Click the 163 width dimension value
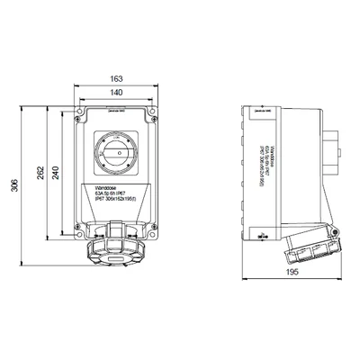click(114, 78)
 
